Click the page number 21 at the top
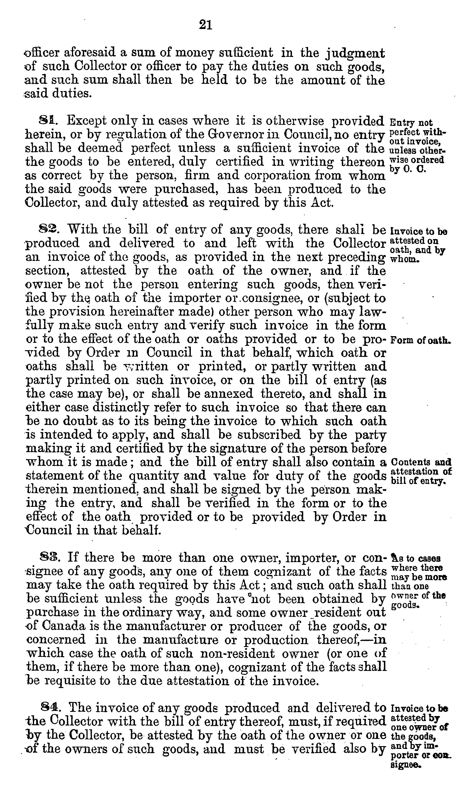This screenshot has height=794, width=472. pyautogui.click(x=206, y=25)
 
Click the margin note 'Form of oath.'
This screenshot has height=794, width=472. pyautogui.click(x=420, y=340)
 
